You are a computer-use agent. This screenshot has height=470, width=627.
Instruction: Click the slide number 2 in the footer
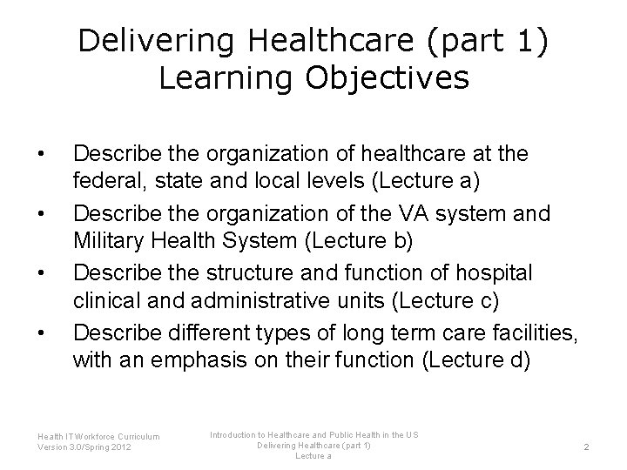point(586,446)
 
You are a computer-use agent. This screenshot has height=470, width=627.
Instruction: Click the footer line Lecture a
point(313,456)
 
